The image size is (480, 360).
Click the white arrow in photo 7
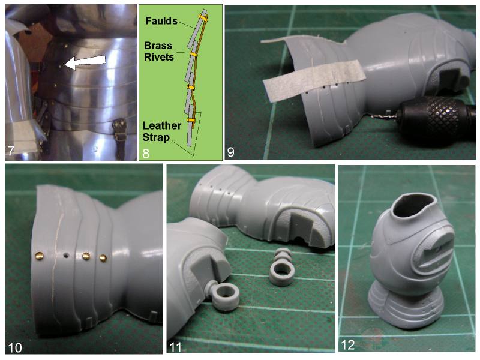click(x=85, y=62)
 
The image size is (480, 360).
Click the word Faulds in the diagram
click(x=161, y=21)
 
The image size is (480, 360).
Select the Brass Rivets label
click(x=159, y=51)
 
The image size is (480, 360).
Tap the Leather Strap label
click(x=162, y=131)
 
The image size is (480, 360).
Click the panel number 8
click(x=146, y=153)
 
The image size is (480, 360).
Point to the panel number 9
click(x=230, y=152)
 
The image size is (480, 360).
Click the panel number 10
click(x=14, y=348)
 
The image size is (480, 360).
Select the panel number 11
click(x=175, y=347)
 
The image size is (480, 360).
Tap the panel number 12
click(x=347, y=345)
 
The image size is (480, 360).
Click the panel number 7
click(x=11, y=151)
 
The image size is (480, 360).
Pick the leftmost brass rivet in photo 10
click(x=39, y=256)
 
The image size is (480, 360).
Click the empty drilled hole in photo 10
click(x=65, y=255)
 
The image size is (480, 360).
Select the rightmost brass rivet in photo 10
click(x=103, y=259)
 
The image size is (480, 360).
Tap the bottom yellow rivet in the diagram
click(x=190, y=120)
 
